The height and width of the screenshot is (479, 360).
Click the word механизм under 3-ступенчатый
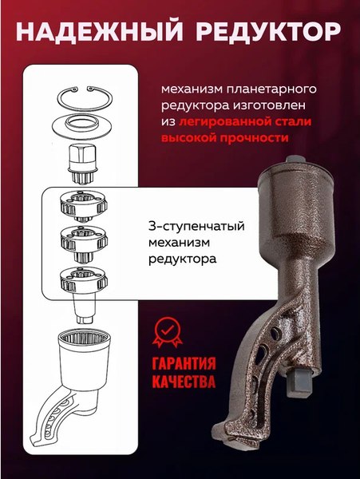click(176, 242)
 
